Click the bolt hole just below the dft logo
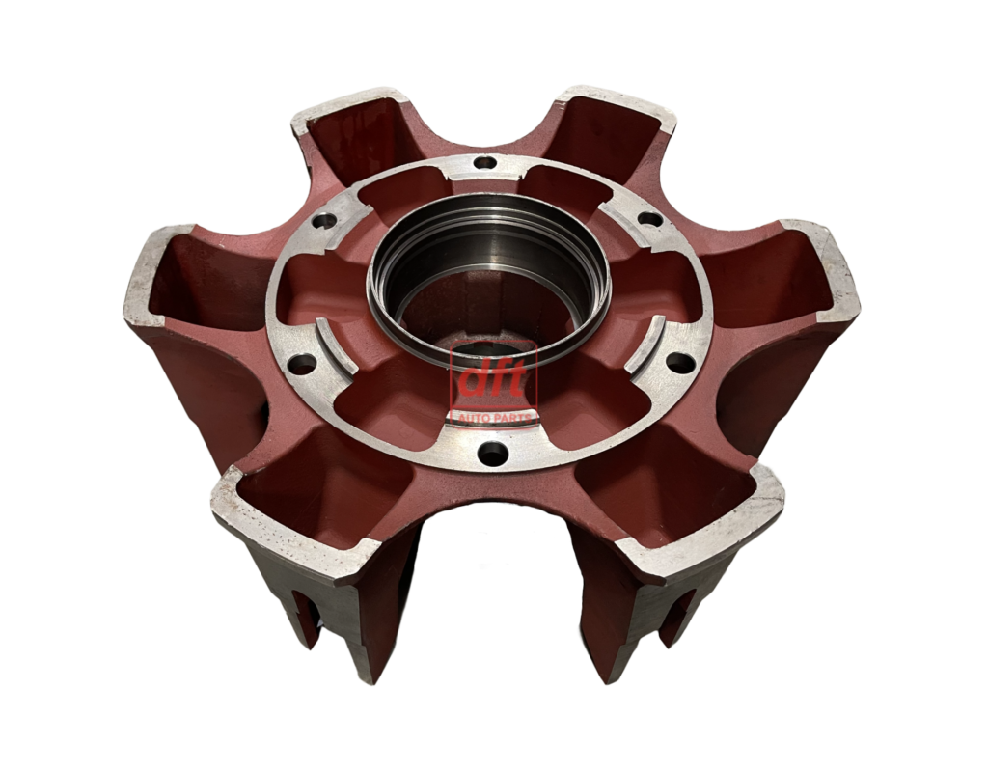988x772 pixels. (492, 451)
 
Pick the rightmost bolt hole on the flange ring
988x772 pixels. (680, 362)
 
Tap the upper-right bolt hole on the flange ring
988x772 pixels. (651, 218)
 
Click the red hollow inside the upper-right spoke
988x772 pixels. (603, 145)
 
